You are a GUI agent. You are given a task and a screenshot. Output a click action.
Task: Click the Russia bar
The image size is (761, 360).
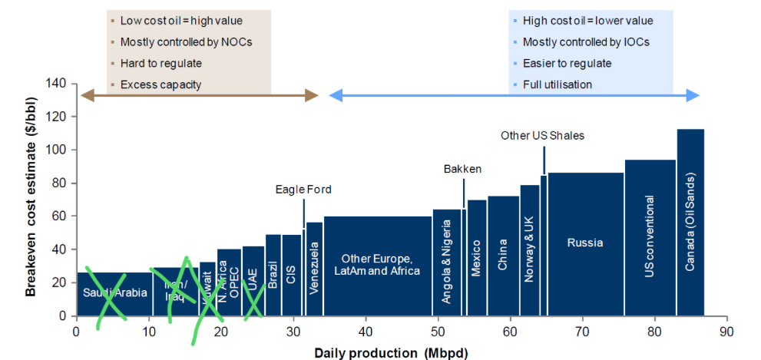[x=585, y=243]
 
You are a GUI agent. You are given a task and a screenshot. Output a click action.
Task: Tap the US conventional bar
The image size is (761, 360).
[x=650, y=238]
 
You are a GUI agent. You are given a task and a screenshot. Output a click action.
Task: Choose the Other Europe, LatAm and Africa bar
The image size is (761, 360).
[x=376, y=265]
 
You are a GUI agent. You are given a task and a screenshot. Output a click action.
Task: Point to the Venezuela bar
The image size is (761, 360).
[x=314, y=269]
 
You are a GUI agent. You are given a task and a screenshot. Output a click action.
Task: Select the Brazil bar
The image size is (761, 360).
[x=273, y=275]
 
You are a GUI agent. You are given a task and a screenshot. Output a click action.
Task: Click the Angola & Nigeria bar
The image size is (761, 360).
[x=447, y=262]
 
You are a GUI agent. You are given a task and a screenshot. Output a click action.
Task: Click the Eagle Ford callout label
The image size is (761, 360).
[x=304, y=189]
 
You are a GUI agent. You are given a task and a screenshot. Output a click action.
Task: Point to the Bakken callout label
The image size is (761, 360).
[x=462, y=168]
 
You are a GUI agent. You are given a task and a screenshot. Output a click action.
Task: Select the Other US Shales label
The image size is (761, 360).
[x=542, y=136]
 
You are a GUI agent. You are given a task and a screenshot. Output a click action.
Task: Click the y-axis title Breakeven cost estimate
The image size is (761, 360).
[x=30, y=200]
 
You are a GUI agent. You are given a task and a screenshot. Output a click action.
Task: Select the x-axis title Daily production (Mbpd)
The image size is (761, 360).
[x=390, y=352]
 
